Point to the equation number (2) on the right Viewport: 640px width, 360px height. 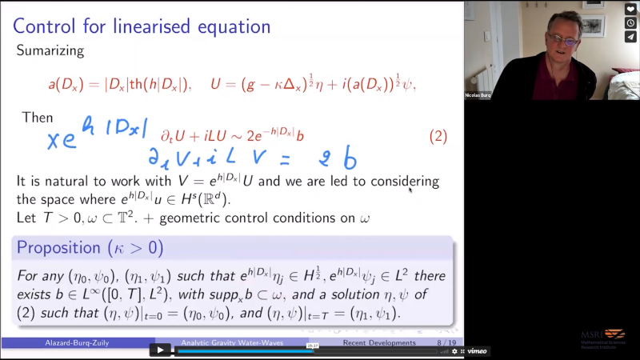pos(438,135)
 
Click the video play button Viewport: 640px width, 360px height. pos(160,350)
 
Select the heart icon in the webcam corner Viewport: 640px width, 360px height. pos(630,10)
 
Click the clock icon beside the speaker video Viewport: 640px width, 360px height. pos(630,23)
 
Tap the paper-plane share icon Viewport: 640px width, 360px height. pos(630,36)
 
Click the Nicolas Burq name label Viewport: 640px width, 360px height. pos(478,95)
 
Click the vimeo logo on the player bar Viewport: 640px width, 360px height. pos(477,350)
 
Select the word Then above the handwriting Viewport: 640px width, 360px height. pos(38,118)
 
